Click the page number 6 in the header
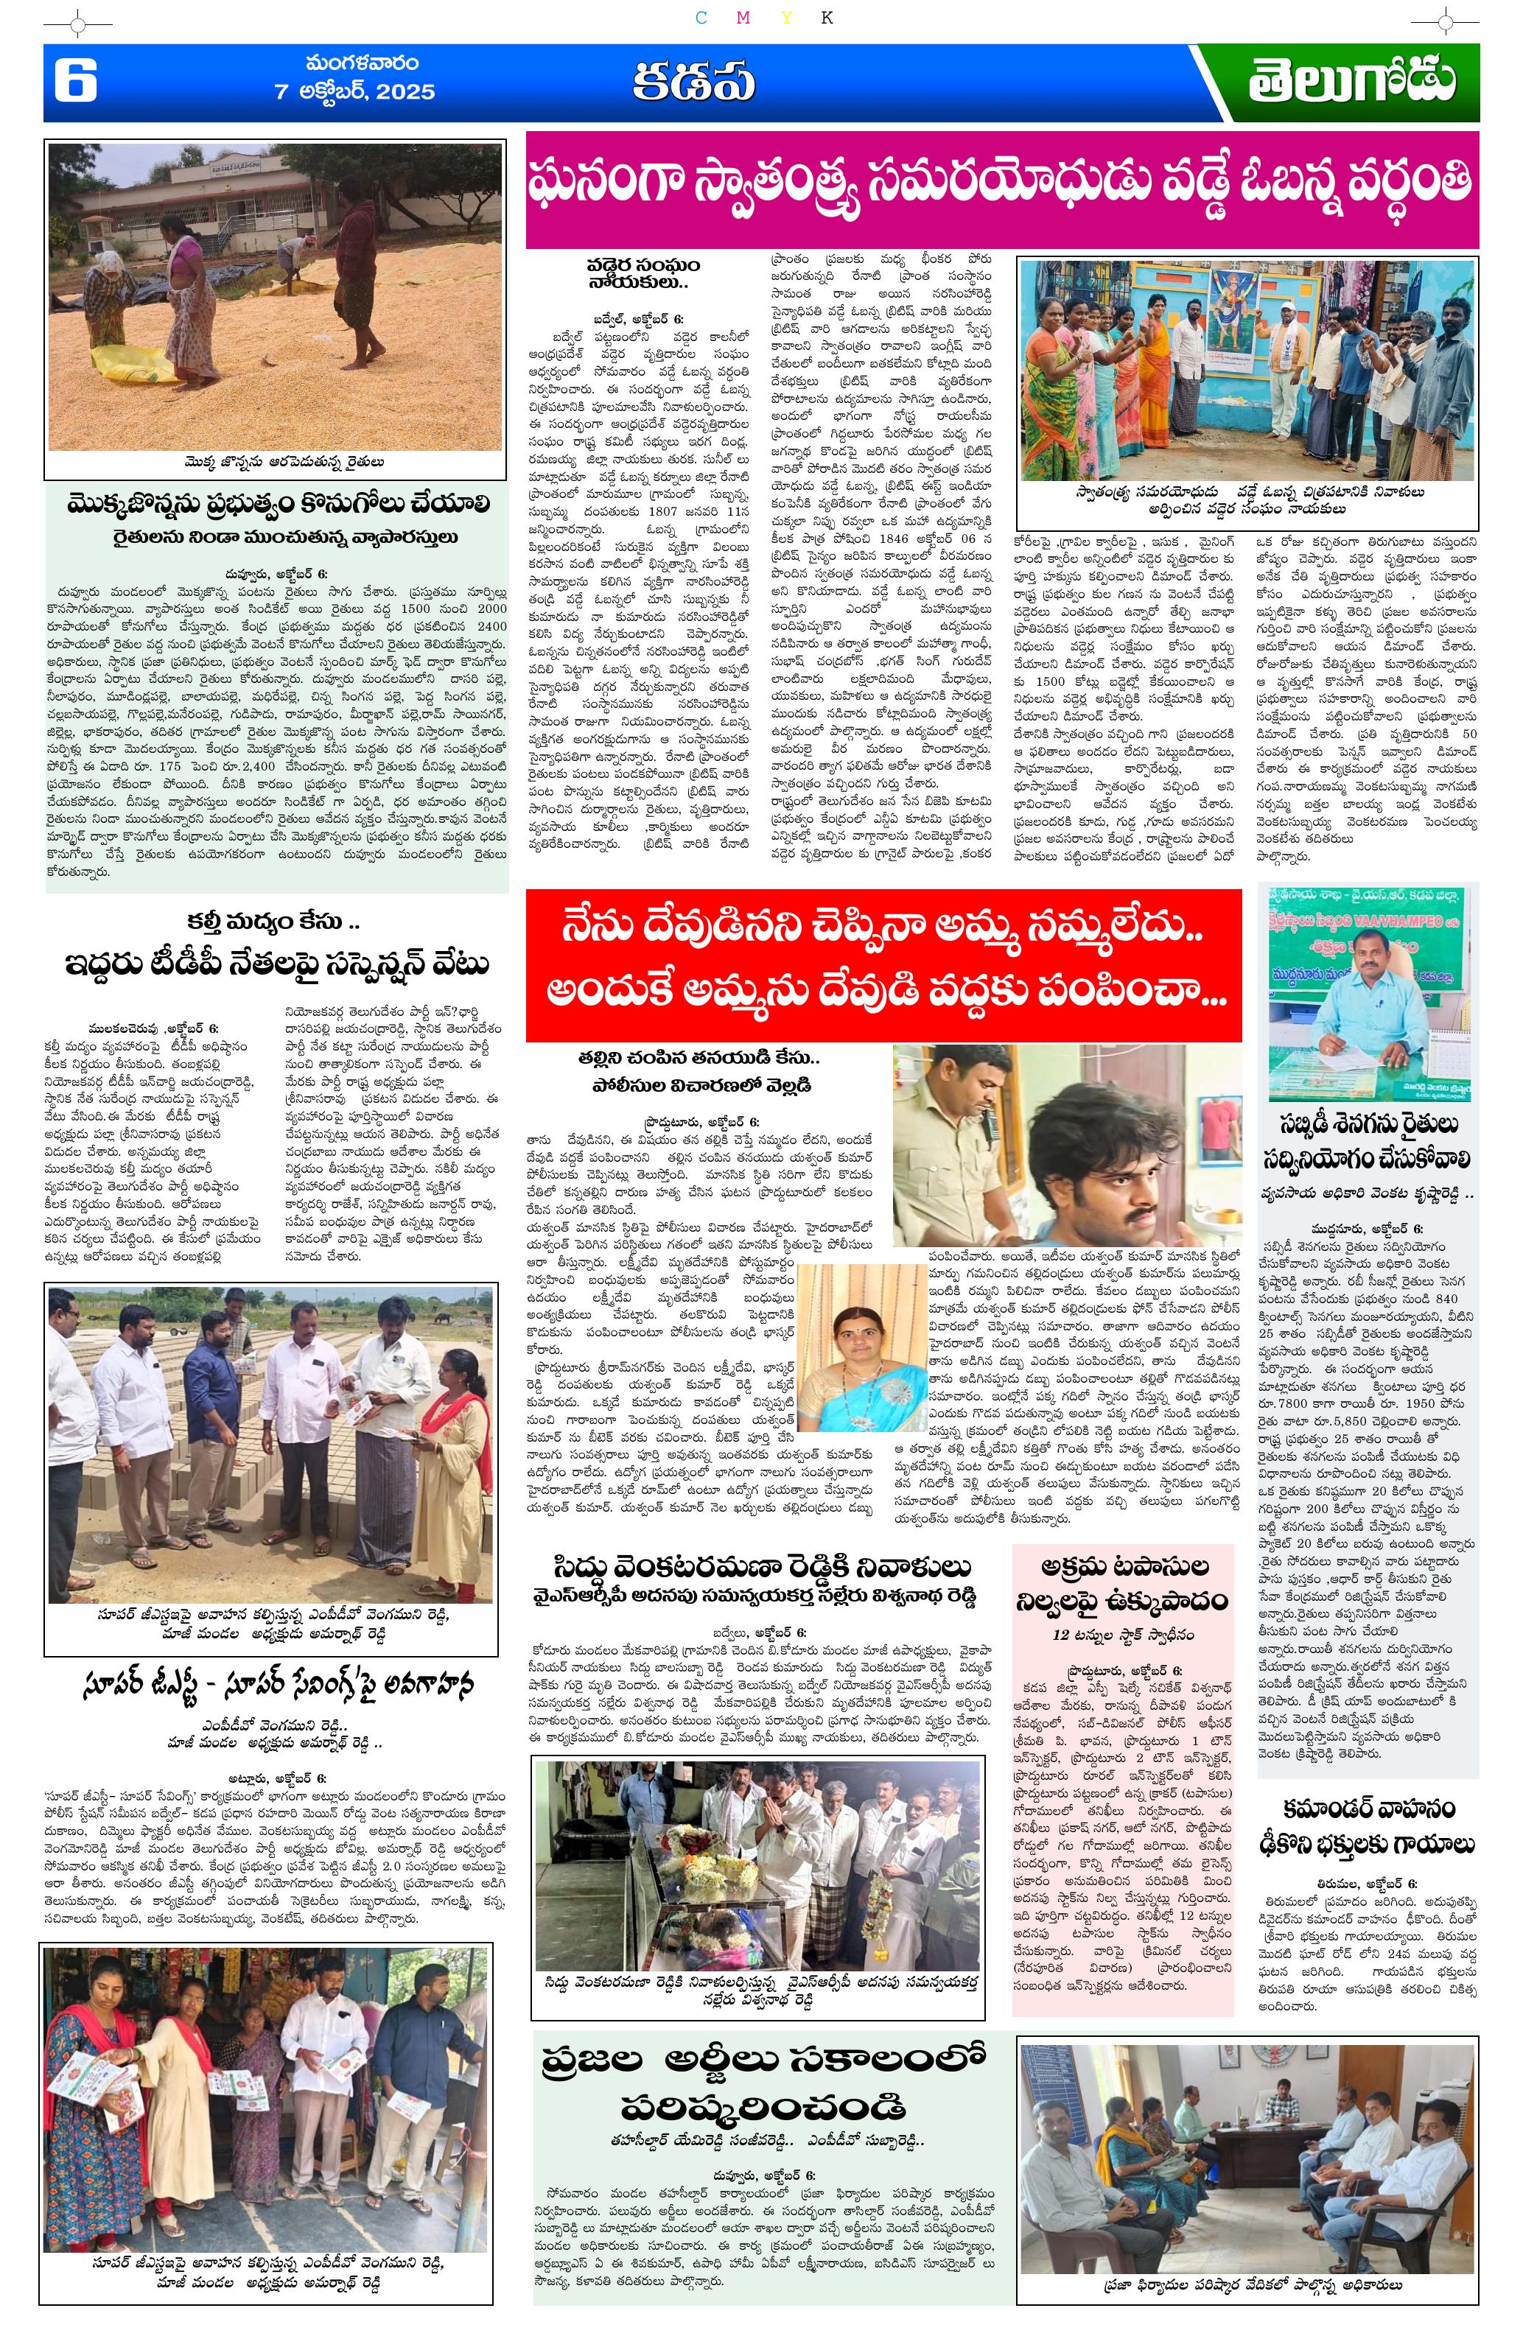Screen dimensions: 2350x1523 (75, 82)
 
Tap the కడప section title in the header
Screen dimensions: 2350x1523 (693, 84)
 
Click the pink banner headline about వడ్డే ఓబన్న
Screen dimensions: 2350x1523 (1001, 188)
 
